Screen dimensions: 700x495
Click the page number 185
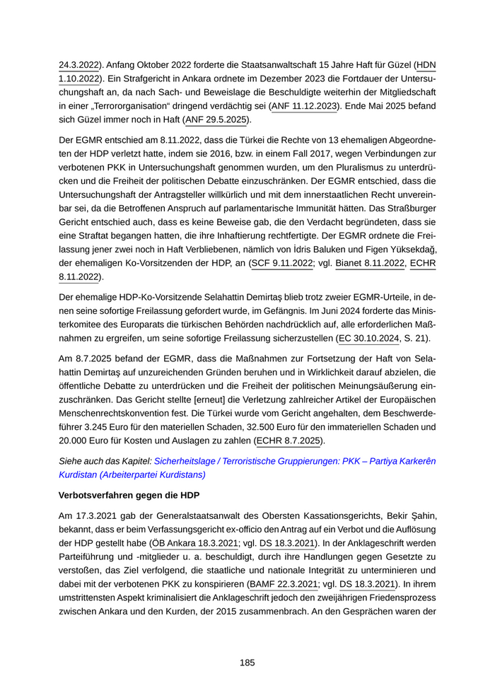(x=247, y=663)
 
